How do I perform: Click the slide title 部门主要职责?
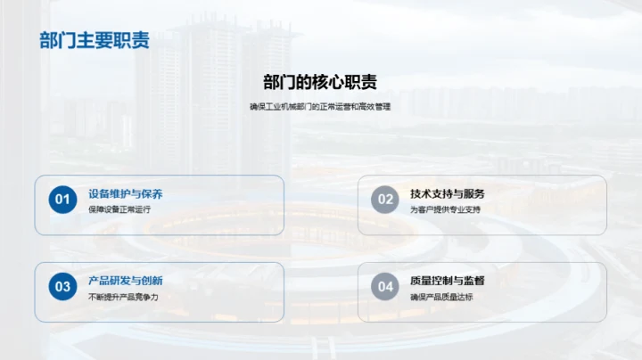click(94, 41)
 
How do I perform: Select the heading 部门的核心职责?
click(320, 83)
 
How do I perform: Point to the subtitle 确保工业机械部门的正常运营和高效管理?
click(320, 107)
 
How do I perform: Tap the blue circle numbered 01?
click(62, 200)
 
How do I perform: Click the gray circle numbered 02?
click(385, 200)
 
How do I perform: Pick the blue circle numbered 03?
click(62, 287)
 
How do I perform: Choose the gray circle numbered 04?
click(385, 287)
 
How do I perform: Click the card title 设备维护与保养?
click(125, 193)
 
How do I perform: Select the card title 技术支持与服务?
click(448, 193)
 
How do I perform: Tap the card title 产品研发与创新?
click(125, 281)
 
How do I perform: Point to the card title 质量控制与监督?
click(448, 281)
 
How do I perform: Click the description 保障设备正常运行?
click(119, 209)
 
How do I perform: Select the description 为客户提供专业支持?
click(445, 209)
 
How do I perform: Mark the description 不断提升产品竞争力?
click(123, 297)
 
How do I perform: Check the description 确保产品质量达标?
click(441, 297)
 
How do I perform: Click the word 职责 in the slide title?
click(130, 41)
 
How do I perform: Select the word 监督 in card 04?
click(474, 281)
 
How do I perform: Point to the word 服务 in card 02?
click(474, 193)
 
